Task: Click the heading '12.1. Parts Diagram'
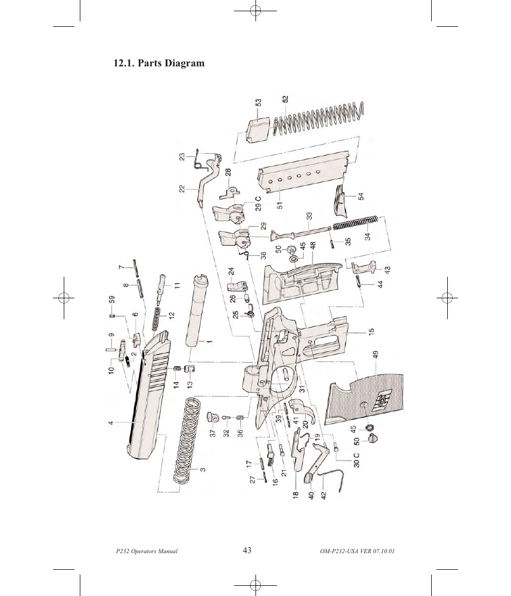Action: pos(159,63)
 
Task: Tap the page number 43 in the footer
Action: pos(247,550)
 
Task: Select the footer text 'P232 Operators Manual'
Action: pos(146,552)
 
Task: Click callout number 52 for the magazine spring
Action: pos(285,100)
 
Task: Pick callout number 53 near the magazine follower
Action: pos(258,102)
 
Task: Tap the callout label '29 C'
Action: pos(258,206)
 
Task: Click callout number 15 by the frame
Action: pos(371,332)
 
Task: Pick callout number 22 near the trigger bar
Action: pos(182,188)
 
